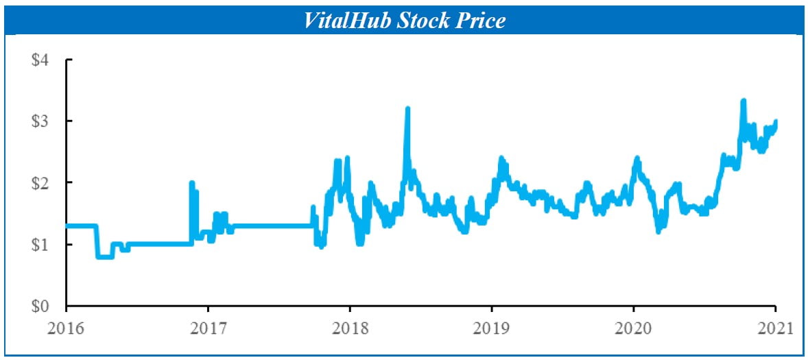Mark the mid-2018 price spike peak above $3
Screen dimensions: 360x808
[407, 109]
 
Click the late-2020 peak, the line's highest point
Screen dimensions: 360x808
[743, 101]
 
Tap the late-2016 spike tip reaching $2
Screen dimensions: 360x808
[191, 183]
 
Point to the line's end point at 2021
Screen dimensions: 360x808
[775, 122]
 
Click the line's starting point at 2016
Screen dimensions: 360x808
[67, 226]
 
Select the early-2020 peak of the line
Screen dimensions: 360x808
[637, 159]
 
